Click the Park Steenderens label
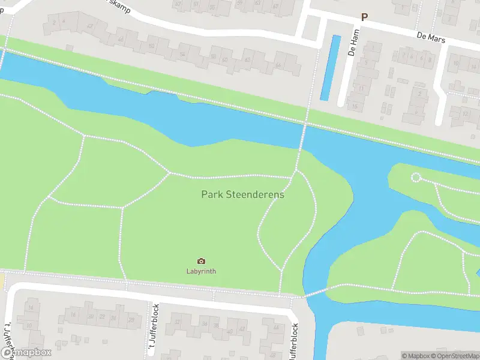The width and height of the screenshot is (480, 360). click(x=242, y=194)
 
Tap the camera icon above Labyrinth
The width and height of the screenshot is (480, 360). click(x=201, y=261)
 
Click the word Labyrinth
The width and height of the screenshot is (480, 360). click(x=201, y=271)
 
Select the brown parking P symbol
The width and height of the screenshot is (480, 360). click(x=364, y=18)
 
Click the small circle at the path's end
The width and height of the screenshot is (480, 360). click(x=416, y=177)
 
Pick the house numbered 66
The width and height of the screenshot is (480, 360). click(x=278, y=65)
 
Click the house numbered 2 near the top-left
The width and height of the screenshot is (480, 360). click(x=55, y=23)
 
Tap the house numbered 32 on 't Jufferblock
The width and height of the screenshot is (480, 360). click(x=178, y=323)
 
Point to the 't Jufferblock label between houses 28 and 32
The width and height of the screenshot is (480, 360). click(x=155, y=327)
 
